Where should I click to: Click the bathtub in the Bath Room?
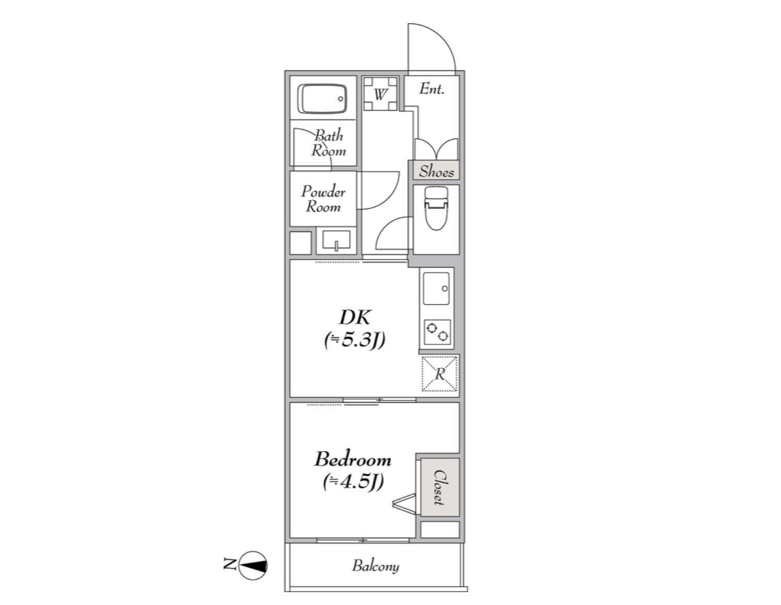pyautogui.click(x=322, y=99)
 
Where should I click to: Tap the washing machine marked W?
pyautogui.click(x=380, y=94)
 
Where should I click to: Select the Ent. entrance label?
pyautogui.click(x=432, y=88)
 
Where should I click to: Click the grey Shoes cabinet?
pyautogui.click(x=436, y=170)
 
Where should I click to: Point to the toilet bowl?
pyautogui.click(x=436, y=208)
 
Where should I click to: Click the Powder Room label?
pyautogui.click(x=323, y=199)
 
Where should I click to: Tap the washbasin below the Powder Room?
pyautogui.click(x=336, y=240)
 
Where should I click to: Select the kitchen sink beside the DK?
pyautogui.click(x=436, y=289)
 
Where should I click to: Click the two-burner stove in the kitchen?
pyautogui.click(x=437, y=332)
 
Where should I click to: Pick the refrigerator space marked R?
pyautogui.click(x=440, y=374)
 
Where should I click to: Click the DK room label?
pyautogui.click(x=355, y=317)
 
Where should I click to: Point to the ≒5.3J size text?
pyautogui.click(x=354, y=340)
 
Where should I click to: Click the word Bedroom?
pyautogui.click(x=353, y=459)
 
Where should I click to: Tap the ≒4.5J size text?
pyautogui.click(x=353, y=481)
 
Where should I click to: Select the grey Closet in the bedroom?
pyautogui.click(x=440, y=488)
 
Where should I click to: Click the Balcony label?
pyautogui.click(x=376, y=566)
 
